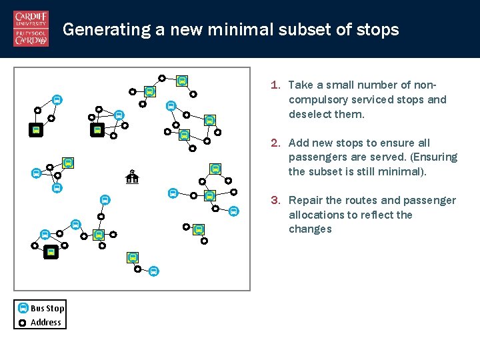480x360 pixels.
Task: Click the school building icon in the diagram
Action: coord(132,177)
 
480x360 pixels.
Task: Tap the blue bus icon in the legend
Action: coord(23,308)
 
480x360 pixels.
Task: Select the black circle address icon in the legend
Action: coord(23,323)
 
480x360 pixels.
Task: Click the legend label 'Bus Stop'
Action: coord(47,308)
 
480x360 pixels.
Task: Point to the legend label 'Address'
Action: coord(46,323)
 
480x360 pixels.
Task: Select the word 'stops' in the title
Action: coord(378,30)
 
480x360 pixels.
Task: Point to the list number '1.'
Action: coord(275,85)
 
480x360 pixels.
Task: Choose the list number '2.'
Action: coord(275,143)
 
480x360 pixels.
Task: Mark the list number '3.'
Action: coord(275,200)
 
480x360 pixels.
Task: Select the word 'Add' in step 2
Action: coord(298,143)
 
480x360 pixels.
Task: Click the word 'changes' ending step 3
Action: coord(310,229)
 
